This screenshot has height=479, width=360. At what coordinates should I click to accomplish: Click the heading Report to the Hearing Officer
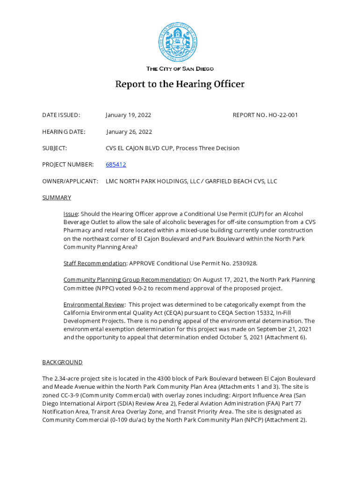pos(180,85)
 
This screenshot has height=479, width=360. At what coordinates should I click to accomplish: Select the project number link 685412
pos(116,165)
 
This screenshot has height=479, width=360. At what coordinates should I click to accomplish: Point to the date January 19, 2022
pos(128,115)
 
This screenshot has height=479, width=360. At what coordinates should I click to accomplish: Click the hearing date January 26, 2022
pos(129,132)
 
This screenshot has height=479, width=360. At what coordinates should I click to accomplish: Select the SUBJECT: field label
pos(55,148)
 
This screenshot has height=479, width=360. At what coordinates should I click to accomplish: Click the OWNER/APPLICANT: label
pos(70,181)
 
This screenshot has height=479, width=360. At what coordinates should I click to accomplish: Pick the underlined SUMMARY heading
pos(57,197)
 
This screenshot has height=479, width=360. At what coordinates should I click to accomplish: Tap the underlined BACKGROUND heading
pos(62,362)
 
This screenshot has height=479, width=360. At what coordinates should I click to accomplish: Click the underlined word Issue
pos(71,214)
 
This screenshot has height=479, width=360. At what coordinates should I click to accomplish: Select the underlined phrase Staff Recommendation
pos(95,263)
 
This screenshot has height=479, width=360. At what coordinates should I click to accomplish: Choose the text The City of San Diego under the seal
pos(180,69)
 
